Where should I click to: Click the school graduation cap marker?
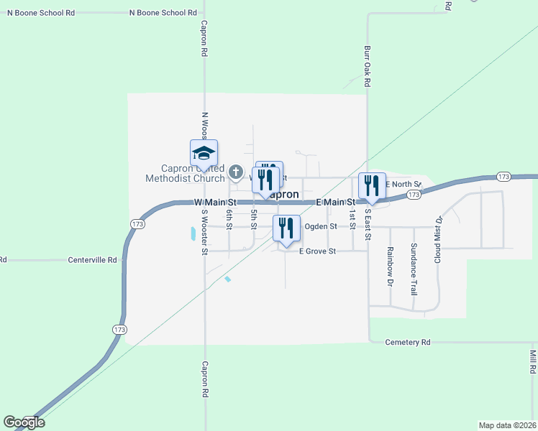[x=204, y=153]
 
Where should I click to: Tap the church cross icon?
[x=236, y=172]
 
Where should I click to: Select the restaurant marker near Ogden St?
[x=286, y=228]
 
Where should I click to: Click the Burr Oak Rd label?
[x=367, y=67]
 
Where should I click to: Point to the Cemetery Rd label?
[x=407, y=343]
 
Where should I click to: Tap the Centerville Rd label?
[x=92, y=260]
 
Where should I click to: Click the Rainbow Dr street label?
[x=390, y=267]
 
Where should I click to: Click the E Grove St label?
[x=318, y=251]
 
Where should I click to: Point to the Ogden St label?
[x=321, y=226]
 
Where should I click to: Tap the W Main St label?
[x=215, y=203]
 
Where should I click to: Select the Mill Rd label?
[x=533, y=361]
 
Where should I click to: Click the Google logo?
[x=24, y=422]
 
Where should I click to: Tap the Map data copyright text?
[x=508, y=425]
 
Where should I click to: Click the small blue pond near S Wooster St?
[x=192, y=233]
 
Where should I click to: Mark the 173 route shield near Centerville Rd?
[x=136, y=224]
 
